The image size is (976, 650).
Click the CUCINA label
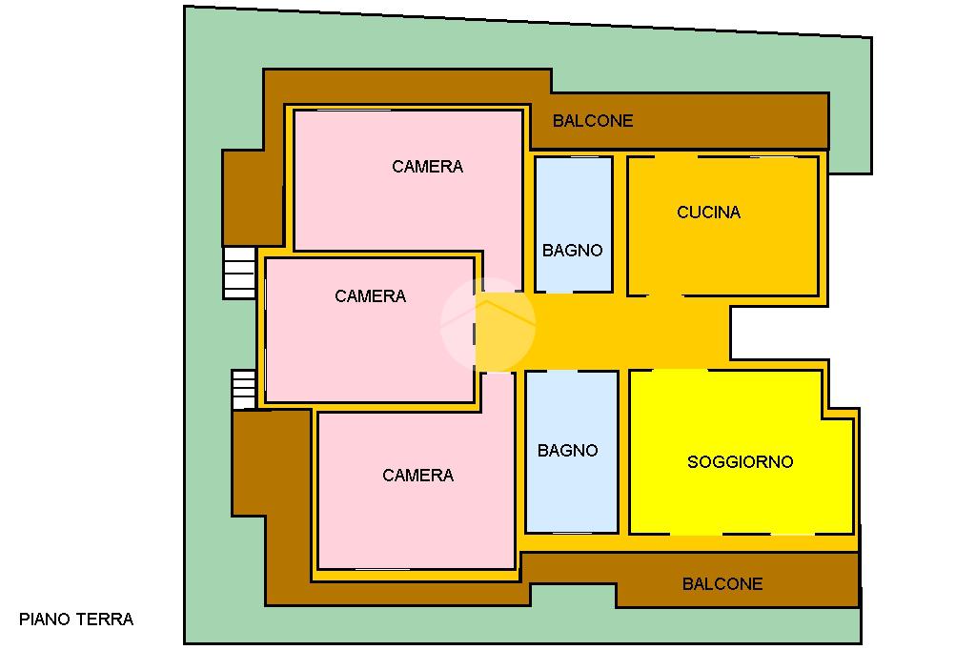click(x=708, y=213)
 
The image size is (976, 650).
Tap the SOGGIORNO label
click(x=740, y=462)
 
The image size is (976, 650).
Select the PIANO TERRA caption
click(x=76, y=620)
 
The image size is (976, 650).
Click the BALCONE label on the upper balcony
click(x=593, y=121)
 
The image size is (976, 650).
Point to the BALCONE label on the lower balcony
click(x=722, y=584)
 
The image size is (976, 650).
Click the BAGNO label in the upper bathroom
click(x=573, y=251)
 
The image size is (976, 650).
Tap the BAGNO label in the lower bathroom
click(x=568, y=451)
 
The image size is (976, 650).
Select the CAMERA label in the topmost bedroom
click(x=427, y=167)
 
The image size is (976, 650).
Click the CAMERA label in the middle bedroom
click(x=370, y=296)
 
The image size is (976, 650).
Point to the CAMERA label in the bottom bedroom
click(x=417, y=476)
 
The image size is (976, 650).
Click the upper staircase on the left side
click(x=239, y=272)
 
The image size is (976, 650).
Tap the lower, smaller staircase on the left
click(x=244, y=389)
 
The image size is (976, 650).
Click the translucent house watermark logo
click(x=487, y=325)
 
